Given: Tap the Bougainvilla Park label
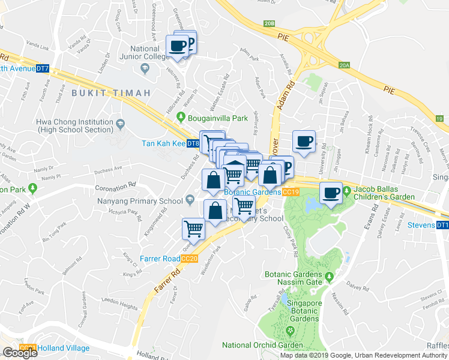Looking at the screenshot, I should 213,117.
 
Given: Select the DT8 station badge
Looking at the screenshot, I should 193,144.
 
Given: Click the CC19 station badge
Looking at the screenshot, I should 291,192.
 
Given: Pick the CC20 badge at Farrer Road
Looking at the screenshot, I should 190,259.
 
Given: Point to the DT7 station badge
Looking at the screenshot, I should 43,69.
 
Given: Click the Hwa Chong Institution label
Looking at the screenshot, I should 74,125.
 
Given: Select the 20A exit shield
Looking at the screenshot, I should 344,65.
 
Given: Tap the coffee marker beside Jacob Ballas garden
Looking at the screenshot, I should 330,193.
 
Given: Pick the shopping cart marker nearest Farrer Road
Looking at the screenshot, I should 193,228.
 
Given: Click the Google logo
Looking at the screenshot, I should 19,353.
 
